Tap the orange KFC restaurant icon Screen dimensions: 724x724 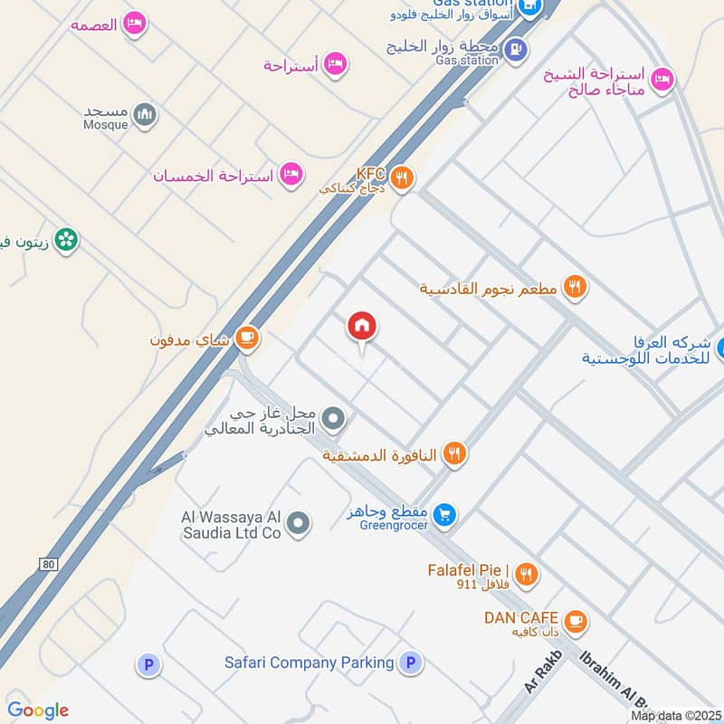point(403,178)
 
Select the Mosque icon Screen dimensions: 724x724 point(145,115)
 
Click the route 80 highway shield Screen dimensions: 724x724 point(49,565)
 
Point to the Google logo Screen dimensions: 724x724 point(38,710)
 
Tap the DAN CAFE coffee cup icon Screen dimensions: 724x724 point(574,622)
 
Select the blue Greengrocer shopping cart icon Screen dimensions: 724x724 point(443,515)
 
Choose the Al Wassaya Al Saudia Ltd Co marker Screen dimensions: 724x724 point(299,523)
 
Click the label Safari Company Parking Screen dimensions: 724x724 point(309,662)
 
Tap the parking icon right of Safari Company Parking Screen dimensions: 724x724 point(411,663)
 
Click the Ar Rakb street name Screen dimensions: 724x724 point(543,672)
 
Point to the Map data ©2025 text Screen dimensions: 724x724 point(676,716)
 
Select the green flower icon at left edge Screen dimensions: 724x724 point(65,240)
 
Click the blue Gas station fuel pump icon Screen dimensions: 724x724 point(516,49)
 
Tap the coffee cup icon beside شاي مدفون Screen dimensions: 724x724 point(247,338)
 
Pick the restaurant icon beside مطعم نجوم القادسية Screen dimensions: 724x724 point(574,288)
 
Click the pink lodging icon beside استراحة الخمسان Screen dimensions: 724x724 point(291,173)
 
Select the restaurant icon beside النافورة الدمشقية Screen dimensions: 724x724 point(455,453)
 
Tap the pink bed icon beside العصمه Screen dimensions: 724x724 point(135,24)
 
